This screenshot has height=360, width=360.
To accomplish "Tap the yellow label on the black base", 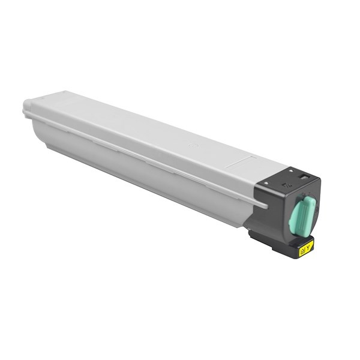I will (306, 246).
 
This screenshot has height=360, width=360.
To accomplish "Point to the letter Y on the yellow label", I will (310, 244).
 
